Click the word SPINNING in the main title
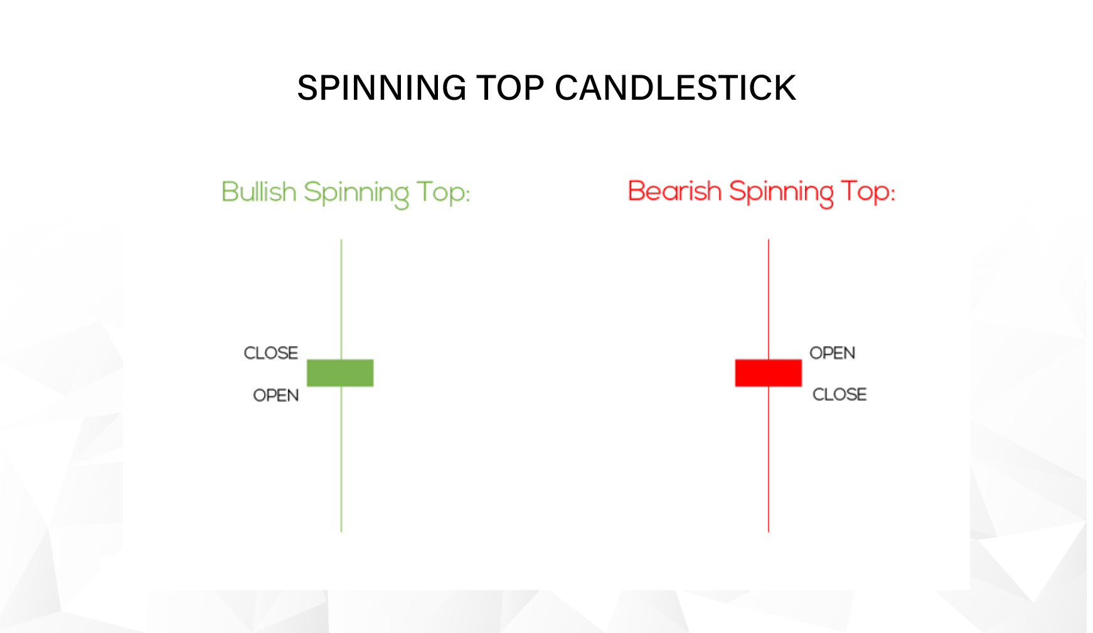pos(381,88)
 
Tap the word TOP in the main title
pos(510,88)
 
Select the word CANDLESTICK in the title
pos(675,88)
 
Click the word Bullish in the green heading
pos(259,192)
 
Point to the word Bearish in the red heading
pos(674,191)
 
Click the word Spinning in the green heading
pos(356,193)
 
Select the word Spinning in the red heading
pos(781,193)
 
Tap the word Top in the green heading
pos(440,193)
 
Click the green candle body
pos(340,373)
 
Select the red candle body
pos(768,373)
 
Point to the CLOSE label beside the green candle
pos(270,353)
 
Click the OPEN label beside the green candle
pos(275,395)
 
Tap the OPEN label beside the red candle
pos(832,353)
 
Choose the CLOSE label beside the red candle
pos(839,395)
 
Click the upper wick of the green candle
pos(341,298)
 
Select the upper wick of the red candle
pos(769,298)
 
